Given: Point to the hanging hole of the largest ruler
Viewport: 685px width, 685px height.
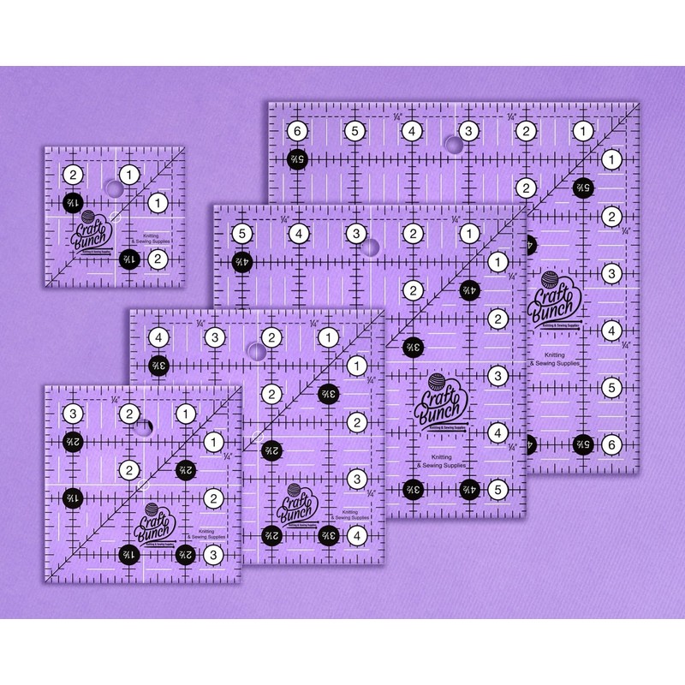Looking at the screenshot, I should click(451, 140).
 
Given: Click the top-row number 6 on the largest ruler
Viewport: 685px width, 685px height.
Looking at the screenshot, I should click(297, 132).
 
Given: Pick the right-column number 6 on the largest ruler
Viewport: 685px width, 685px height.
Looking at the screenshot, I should click(611, 444).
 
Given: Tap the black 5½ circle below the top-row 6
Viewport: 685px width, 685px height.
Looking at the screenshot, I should click(297, 160).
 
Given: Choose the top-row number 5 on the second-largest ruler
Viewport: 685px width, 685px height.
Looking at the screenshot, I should click(241, 233).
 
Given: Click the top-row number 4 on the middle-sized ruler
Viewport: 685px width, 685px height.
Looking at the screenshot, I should click(159, 337).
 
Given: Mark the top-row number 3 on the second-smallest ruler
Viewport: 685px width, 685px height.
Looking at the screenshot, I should click(74, 414).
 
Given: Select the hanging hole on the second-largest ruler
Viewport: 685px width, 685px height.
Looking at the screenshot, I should click(369, 247).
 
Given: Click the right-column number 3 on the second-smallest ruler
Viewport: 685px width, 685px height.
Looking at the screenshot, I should click(213, 555).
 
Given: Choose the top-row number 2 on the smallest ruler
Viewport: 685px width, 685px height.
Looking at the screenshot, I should click(74, 175).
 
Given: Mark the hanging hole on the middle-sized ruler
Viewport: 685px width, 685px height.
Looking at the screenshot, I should click(255, 350).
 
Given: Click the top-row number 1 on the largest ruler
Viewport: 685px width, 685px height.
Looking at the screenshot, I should click(581, 132).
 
